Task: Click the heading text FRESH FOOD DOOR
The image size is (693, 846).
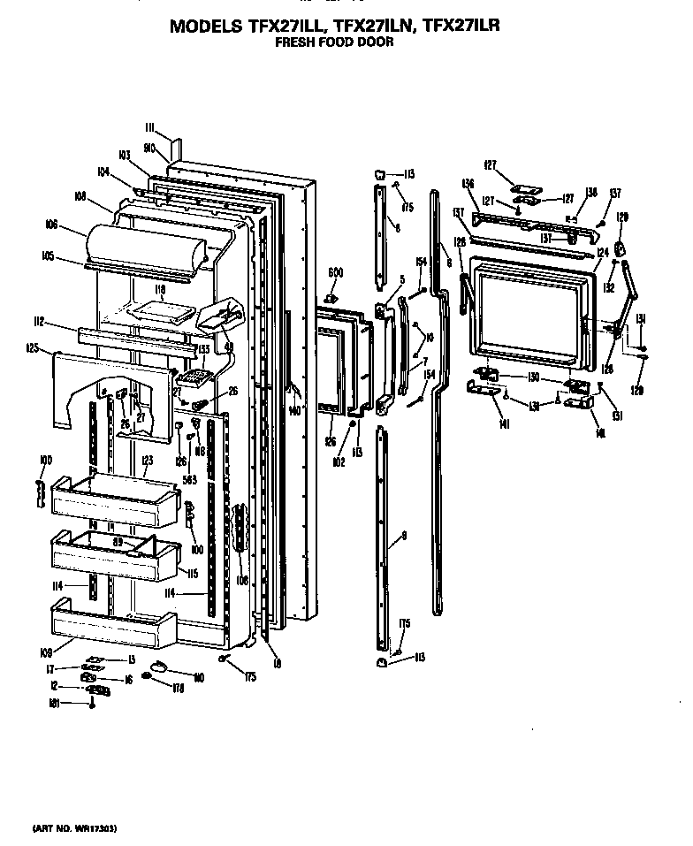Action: point(333,42)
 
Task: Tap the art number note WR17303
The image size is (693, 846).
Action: point(74,828)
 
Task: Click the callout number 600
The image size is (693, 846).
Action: point(335,271)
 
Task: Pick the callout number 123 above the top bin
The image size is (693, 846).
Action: point(147,460)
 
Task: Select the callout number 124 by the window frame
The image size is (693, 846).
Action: point(602,253)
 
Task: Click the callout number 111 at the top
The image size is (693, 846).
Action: point(150,128)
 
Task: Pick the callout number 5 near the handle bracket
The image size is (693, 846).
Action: point(401,280)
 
